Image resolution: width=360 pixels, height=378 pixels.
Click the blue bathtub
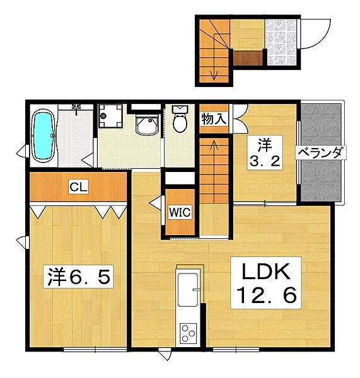(x=44, y=136)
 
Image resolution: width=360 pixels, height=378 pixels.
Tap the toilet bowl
(x=180, y=119)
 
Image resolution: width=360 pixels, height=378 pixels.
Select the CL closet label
(x=78, y=187)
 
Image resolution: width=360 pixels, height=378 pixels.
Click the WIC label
(x=180, y=212)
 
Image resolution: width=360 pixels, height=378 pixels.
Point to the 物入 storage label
(x=214, y=119)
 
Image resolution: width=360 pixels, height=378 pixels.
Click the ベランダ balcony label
(x=321, y=152)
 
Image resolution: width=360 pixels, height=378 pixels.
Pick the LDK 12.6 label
(x=265, y=283)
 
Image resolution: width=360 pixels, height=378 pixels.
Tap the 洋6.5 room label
(x=78, y=277)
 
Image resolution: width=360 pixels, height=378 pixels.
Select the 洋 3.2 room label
(x=265, y=153)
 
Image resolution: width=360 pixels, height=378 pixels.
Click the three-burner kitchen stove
(x=188, y=333)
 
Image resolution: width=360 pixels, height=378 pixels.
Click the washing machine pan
(x=110, y=116)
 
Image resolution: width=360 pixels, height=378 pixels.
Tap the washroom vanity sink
(x=148, y=125)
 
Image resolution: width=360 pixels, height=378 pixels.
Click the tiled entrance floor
(x=281, y=42)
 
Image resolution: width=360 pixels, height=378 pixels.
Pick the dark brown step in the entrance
(x=248, y=58)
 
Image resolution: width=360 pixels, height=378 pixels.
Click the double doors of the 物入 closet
(x=240, y=118)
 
